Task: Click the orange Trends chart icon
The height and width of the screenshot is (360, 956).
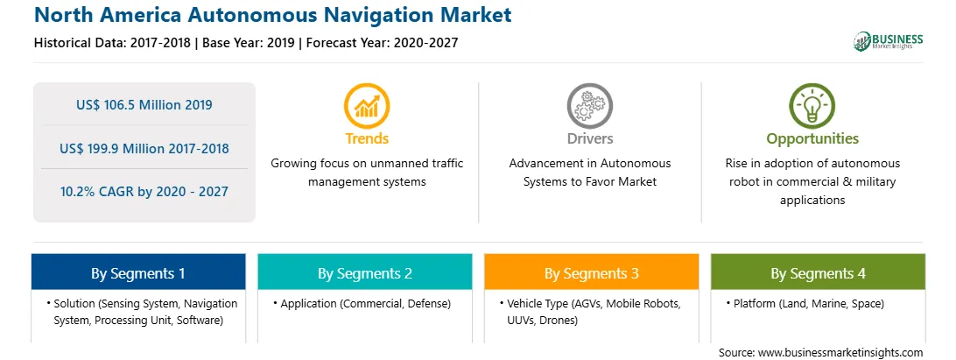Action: (367, 106)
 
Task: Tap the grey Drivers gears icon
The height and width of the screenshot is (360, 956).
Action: (589, 106)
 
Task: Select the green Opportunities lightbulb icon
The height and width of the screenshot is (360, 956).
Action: (812, 106)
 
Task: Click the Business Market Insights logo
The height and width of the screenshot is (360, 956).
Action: (889, 41)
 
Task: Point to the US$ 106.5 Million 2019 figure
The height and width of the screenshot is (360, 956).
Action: (144, 105)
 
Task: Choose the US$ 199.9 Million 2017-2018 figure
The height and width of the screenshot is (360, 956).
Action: (144, 148)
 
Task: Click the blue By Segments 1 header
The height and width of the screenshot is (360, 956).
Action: (138, 272)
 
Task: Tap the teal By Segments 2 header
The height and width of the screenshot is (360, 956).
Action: (364, 272)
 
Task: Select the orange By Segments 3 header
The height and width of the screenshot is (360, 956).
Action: (592, 272)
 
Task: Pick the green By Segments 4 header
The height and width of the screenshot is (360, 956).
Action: (819, 272)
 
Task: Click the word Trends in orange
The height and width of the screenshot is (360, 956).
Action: (367, 138)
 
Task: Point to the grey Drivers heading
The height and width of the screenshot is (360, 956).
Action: (589, 138)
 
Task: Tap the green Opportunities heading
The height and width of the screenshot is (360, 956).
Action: (812, 139)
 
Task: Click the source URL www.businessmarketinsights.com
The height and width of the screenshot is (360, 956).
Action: (840, 353)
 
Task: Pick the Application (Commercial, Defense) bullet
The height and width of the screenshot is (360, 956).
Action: (362, 303)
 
